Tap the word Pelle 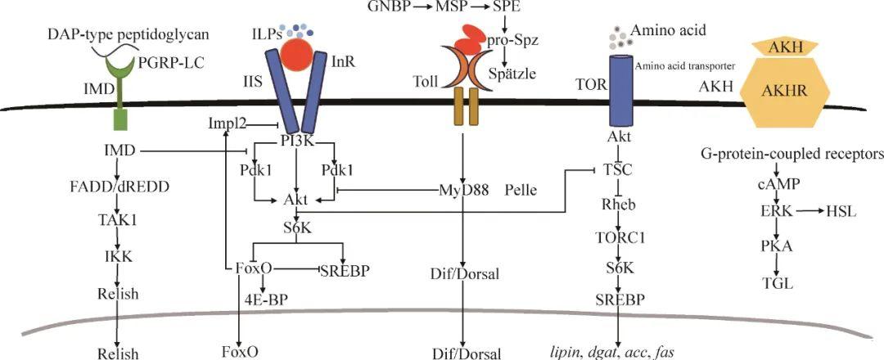[x=521, y=191]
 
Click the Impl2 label [x=227, y=124]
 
